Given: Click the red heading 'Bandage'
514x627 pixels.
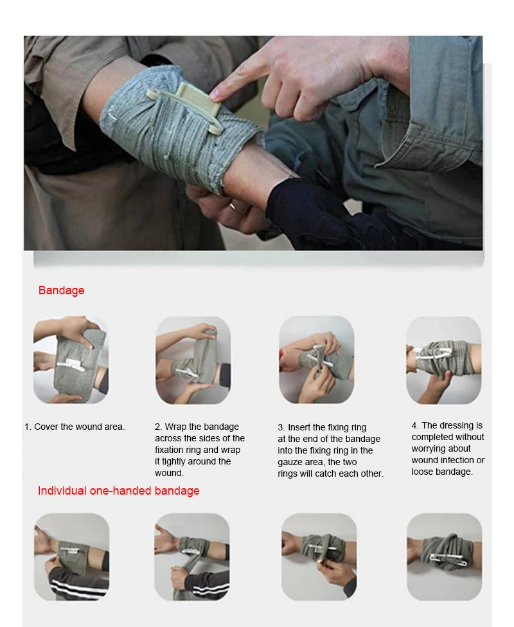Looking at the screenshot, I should point(61,290).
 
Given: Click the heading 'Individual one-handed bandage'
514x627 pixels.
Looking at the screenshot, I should point(118,491).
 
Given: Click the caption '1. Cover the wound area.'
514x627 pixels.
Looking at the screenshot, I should point(75,427).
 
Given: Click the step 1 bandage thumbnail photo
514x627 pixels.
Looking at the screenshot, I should point(70,360).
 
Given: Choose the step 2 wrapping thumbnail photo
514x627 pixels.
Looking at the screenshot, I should point(193,360).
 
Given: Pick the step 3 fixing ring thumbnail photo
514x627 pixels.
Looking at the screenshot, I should point(316,360).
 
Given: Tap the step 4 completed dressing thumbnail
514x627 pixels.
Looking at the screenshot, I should point(443,360).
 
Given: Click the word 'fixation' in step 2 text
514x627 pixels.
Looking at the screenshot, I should point(169,450).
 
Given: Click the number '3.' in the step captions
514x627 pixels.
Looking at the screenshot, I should point(281,427).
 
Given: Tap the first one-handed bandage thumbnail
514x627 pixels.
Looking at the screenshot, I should point(71,556).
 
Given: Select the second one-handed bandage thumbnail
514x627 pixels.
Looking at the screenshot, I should point(191,556).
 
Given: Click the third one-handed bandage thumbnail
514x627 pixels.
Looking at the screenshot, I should point(319,556).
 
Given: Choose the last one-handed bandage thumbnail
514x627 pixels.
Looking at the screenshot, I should point(444,556).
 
